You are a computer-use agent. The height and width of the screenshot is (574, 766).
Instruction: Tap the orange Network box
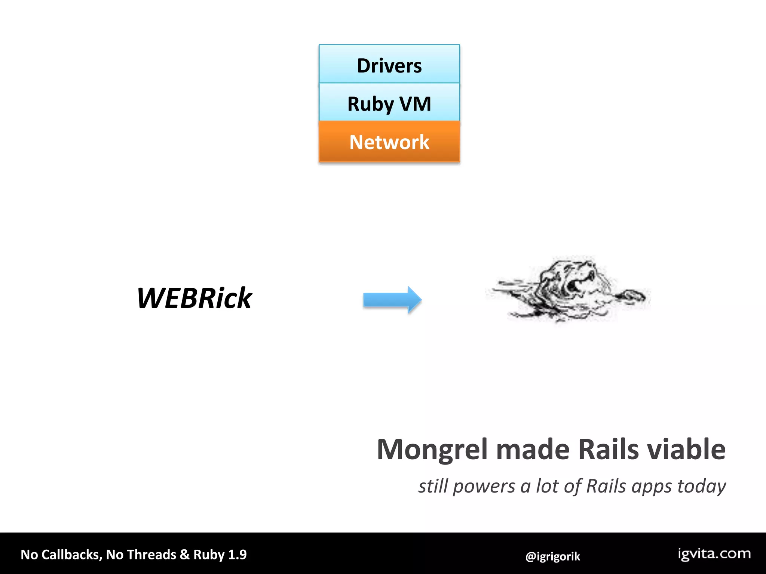(x=389, y=142)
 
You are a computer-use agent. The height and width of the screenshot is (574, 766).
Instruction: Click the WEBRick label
(x=194, y=298)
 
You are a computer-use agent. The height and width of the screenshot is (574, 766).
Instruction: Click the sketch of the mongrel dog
(x=569, y=290)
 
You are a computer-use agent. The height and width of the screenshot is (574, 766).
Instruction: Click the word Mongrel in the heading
(x=432, y=450)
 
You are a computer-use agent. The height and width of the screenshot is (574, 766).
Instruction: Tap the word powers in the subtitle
(x=484, y=487)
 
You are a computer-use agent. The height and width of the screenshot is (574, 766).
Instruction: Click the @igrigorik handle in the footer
(x=552, y=556)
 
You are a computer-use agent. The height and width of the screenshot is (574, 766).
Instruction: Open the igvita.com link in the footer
(x=714, y=554)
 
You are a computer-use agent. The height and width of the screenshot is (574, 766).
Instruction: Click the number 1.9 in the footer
(x=238, y=555)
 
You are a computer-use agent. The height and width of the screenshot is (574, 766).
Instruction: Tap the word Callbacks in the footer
(x=71, y=555)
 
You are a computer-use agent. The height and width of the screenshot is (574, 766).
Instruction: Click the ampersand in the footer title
(x=184, y=555)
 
